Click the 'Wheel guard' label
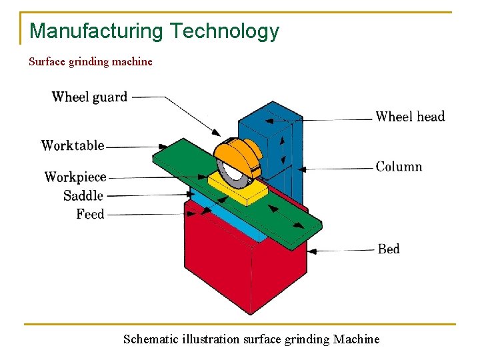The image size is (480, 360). click(89, 97)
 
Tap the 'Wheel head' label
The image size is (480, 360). click(410, 117)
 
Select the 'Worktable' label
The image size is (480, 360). click(73, 145)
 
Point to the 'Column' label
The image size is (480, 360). click(399, 167)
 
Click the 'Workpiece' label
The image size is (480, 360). click(75, 177)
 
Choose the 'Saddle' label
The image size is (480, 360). click(83, 196)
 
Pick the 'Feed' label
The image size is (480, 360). click(91, 215)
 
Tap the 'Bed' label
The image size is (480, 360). click(389, 249)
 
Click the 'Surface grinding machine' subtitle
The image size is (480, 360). click(91, 62)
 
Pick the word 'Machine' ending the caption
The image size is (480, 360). click(357, 339)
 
